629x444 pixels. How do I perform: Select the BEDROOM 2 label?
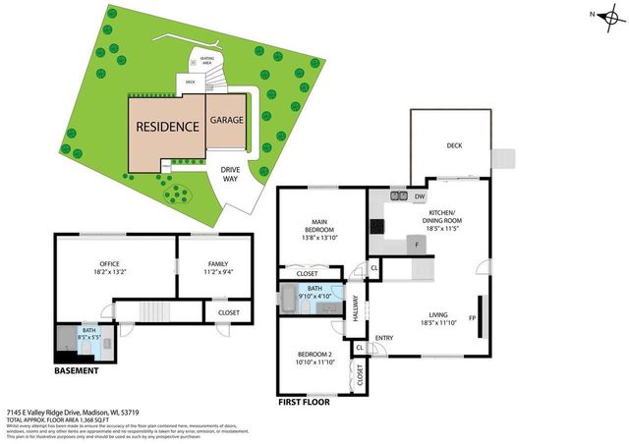click(x=314, y=358)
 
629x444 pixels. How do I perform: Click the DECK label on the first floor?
click(x=454, y=144)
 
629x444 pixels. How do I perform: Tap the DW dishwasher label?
click(x=419, y=196)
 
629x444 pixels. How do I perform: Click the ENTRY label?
click(x=383, y=339)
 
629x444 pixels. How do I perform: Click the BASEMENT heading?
click(x=77, y=370)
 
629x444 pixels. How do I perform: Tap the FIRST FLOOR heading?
click(x=304, y=401)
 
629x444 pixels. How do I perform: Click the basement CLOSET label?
click(x=228, y=312)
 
